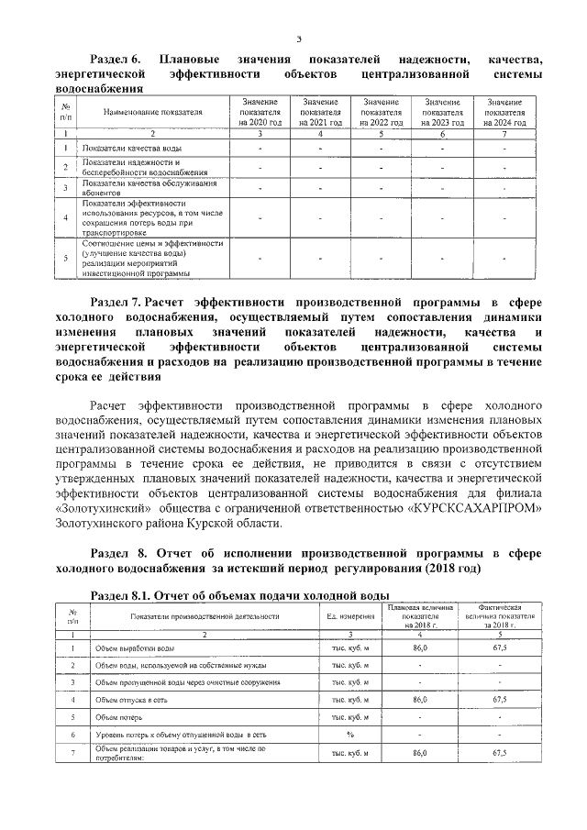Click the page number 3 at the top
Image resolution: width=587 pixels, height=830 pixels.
[x=299, y=38]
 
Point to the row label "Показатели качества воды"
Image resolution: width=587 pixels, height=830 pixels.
[x=131, y=149]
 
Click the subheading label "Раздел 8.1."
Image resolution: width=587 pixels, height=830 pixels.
[x=128, y=594]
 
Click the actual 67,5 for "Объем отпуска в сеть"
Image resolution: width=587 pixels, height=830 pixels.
[x=500, y=699]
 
